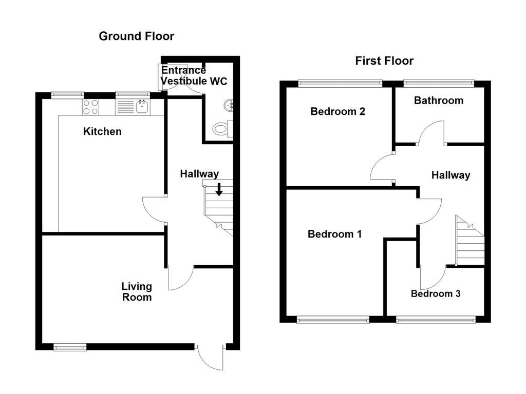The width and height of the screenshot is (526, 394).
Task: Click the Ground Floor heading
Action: click(x=136, y=36)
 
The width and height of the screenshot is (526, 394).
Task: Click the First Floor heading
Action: click(x=384, y=61)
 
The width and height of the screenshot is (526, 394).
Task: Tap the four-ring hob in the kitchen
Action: click(x=91, y=107)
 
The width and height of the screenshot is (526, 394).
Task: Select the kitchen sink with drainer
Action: click(x=133, y=107)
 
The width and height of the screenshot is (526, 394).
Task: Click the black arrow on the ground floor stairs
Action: click(x=219, y=189)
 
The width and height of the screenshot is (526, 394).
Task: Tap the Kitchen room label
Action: click(x=102, y=131)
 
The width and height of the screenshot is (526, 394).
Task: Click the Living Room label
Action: click(x=137, y=291)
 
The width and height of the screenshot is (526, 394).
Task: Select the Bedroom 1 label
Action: click(x=334, y=234)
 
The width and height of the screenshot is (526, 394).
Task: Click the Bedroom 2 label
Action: click(x=337, y=111)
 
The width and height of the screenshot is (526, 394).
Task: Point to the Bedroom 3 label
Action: click(x=436, y=293)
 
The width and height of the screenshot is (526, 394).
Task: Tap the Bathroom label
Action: click(x=439, y=101)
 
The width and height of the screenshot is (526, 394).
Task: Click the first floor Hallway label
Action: click(x=450, y=175)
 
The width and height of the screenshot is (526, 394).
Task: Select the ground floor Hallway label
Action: click(x=199, y=174)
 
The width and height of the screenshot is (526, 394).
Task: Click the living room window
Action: click(x=70, y=347)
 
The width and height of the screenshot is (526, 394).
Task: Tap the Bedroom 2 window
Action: click(x=341, y=82)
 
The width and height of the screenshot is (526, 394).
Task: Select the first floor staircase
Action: click(x=469, y=241)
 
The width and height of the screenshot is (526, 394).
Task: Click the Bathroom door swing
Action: click(x=431, y=132)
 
